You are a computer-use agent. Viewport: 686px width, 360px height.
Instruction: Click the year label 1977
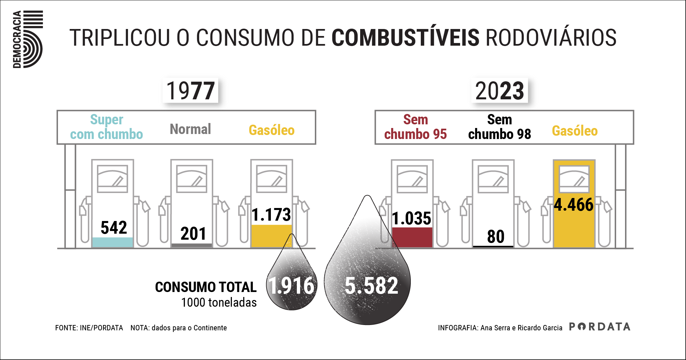(x=190, y=91)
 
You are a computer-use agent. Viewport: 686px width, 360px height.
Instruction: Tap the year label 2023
(x=499, y=91)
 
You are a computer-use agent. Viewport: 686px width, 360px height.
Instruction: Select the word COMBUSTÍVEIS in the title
(x=405, y=37)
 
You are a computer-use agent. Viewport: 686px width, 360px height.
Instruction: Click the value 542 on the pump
(x=114, y=228)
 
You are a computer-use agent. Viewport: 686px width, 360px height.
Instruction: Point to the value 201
(x=193, y=233)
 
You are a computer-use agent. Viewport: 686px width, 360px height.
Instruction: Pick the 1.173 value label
(x=271, y=215)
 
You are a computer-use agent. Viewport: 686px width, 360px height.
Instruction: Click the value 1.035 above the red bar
(x=412, y=219)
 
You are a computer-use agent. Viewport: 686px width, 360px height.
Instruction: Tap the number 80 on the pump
(x=495, y=237)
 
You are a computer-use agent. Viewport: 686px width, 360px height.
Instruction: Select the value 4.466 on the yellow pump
(x=574, y=205)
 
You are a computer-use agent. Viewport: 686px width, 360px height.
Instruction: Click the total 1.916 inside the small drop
(x=292, y=286)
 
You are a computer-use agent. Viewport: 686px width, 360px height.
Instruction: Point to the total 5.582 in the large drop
(x=371, y=286)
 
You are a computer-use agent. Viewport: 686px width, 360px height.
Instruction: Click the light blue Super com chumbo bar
(x=113, y=242)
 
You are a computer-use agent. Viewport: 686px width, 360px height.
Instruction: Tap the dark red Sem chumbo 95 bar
(x=412, y=237)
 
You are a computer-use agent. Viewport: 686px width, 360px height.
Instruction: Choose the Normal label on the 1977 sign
(x=190, y=129)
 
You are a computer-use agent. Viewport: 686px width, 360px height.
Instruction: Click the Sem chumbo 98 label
(x=499, y=127)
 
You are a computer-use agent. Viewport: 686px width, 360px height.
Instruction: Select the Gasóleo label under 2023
(x=575, y=131)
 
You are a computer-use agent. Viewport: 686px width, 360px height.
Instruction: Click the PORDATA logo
(x=599, y=327)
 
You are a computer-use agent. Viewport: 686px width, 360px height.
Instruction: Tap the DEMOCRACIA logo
(x=28, y=39)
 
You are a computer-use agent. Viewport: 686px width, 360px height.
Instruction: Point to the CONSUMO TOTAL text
(x=206, y=287)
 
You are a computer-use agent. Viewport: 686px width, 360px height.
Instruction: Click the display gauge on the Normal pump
(x=192, y=179)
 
